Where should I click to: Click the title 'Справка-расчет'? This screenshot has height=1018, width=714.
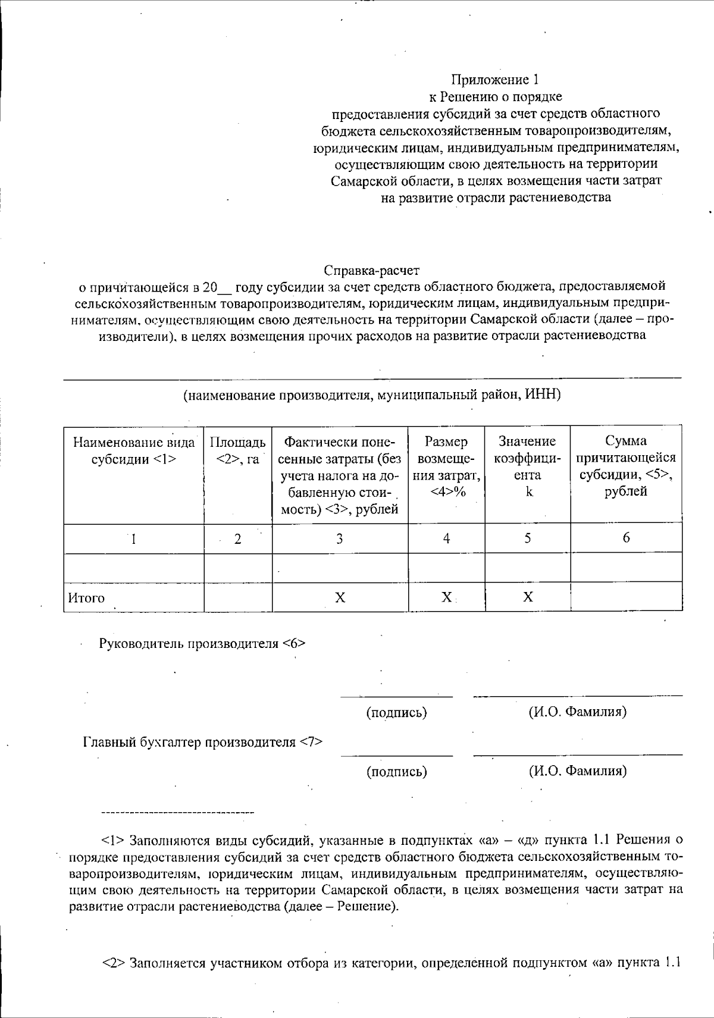(372, 271)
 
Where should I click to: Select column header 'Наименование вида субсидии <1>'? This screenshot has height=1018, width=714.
(134, 450)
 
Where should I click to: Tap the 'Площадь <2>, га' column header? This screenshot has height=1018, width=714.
(238, 450)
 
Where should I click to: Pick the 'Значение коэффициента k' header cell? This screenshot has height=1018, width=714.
(527, 466)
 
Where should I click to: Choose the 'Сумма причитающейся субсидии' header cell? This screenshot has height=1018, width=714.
(626, 466)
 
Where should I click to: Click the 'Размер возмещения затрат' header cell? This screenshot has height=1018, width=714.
(446, 466)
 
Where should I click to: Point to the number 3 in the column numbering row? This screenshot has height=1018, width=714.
(339, 539)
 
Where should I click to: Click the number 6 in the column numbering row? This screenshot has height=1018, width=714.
(626, 538)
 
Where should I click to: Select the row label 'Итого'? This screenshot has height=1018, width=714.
(87, 598)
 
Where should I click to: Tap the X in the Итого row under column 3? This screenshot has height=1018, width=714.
(339, 597)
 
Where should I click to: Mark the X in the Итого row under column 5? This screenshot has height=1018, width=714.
(527, 597)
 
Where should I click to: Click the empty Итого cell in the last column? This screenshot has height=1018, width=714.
(626, 597)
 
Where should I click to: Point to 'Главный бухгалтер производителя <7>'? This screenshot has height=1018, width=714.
(202, 742)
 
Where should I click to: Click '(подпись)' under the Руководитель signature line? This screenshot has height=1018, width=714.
(396, 712)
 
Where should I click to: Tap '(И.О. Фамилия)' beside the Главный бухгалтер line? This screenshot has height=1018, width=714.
(577, 771)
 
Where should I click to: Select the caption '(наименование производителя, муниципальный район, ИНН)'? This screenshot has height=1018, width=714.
(372, 394)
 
